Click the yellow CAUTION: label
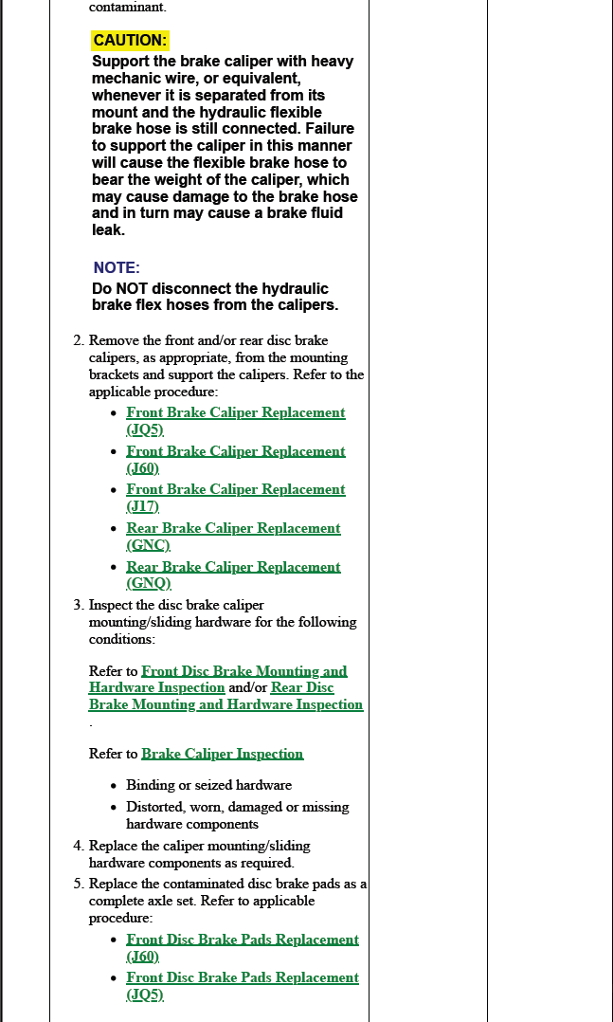pos(130,41)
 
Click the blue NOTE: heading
pos(117,268)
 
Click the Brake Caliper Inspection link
pos(222,754)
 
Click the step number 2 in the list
pos(78,340)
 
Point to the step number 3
pos(78,605)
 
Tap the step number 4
pos(78,846)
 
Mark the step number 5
pos(78,884)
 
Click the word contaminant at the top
pos(127,7)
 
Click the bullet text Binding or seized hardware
pos(208,785)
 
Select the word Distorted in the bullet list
pos(155,808)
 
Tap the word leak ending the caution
pos(107,230)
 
